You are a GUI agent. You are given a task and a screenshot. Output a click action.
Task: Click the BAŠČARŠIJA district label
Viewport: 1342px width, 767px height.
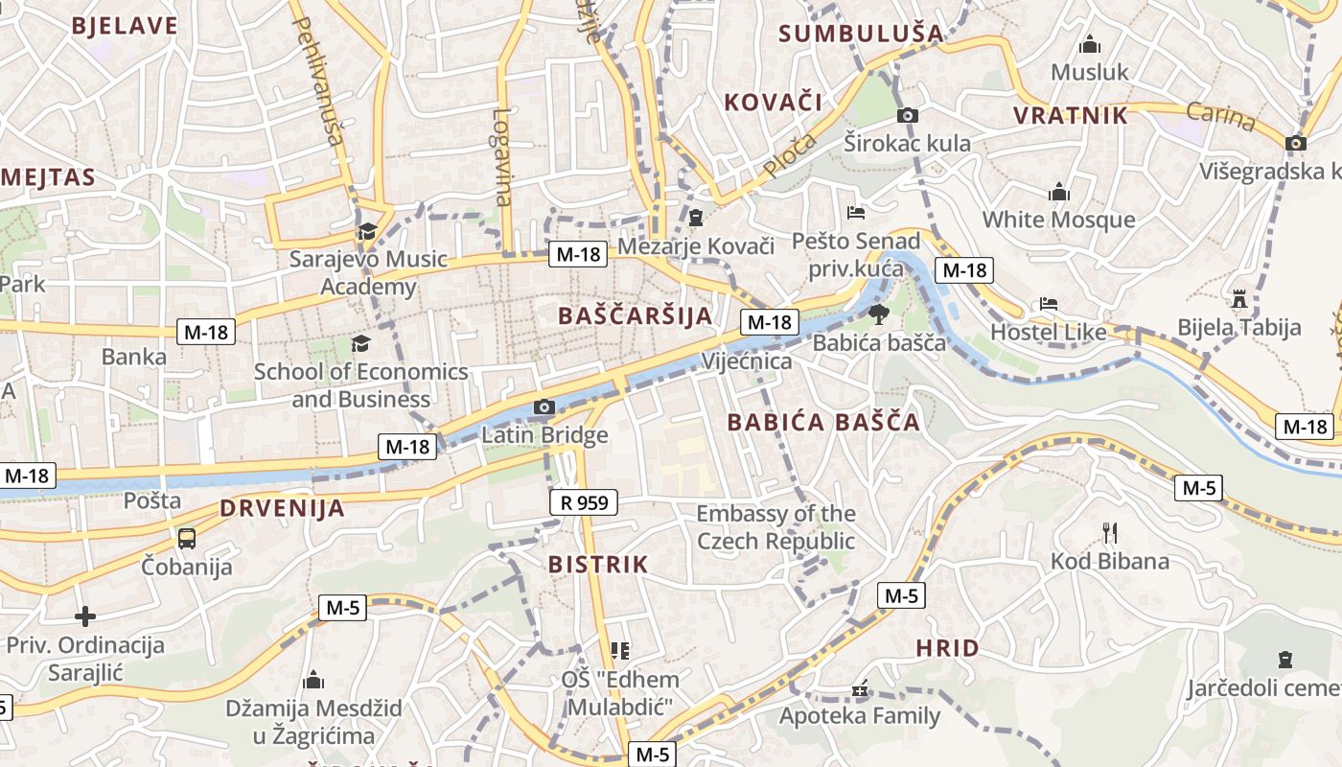[636, 315]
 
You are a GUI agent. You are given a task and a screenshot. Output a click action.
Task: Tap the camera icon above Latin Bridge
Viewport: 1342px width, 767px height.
[544, 407]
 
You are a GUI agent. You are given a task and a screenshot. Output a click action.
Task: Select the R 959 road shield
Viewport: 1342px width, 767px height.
[584, 501]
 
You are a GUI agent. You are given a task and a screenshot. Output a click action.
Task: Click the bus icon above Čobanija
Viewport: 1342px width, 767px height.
[187, 538]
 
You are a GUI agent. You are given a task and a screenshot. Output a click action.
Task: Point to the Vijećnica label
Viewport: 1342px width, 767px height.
[747, 361]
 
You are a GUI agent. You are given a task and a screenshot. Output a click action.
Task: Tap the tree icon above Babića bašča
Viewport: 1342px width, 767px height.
[878, 314]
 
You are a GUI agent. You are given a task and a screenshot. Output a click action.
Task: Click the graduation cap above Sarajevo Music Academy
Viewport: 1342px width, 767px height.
[367, 231]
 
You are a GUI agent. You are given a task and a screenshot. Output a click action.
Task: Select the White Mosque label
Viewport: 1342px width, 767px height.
[1058, 220]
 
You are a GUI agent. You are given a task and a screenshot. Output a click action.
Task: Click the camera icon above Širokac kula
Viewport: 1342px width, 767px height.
[907, 116]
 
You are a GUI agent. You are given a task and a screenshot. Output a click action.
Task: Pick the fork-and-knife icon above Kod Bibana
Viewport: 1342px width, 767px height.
[1110, 533]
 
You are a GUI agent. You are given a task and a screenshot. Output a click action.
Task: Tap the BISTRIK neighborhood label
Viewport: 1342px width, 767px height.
[598, 564]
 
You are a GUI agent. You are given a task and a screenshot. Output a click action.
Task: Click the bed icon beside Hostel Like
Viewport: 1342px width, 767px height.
[1049, 305]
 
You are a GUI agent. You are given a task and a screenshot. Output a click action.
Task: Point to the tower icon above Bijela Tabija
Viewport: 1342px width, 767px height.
[1239, 298]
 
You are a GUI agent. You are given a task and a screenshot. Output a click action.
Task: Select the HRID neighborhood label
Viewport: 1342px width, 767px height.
[947, 648]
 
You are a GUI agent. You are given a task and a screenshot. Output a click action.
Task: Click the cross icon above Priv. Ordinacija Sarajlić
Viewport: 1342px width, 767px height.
[85, 616]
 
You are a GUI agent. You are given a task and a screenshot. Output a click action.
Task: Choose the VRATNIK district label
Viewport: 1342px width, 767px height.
[1071, 116]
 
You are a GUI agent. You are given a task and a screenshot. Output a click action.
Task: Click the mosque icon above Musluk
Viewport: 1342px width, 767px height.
[1089, 45]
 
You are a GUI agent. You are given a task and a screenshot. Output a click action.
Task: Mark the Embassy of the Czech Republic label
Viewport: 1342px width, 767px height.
[775, 527]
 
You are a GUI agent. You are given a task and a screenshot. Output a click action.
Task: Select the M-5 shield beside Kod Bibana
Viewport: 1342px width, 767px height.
[1198, 488]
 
